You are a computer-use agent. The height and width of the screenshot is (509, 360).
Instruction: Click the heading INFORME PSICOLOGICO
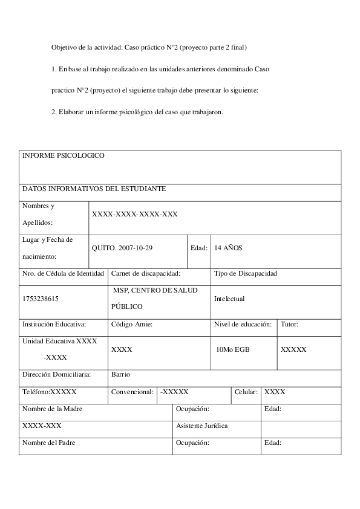coord(64,156)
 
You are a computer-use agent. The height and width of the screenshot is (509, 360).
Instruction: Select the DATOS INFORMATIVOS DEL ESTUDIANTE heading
coord(94,189)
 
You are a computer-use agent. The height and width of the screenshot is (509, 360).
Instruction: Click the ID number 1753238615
coord(41,299)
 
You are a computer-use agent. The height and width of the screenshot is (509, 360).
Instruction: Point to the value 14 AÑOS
coord(228,248)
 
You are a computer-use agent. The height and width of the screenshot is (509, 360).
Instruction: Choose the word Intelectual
coord(229,299)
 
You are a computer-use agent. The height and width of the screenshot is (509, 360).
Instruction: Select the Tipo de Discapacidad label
coord(246,274)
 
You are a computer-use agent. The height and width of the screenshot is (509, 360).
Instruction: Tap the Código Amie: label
coord(132,324)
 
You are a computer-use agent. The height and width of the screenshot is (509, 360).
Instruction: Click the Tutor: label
coord(289,324)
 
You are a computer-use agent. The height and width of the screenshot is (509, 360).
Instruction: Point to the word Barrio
coord(121,374)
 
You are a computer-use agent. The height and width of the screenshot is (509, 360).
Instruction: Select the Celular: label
coord(246,392)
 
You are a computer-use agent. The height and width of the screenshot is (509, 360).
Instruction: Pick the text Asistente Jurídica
coord(201,426)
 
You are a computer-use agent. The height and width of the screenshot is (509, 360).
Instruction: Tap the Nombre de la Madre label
coord(53,409)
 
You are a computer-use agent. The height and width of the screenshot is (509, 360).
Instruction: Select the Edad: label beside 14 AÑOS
coord(199,248)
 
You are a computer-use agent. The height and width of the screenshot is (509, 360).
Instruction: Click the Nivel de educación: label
coord(243,324)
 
